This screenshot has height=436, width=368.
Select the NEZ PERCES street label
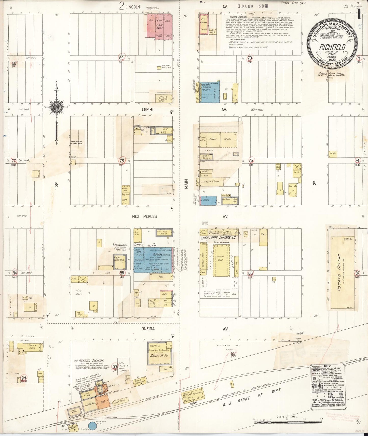point(144,216)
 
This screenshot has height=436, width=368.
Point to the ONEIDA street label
point(148,329)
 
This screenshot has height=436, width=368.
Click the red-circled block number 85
point(122,273)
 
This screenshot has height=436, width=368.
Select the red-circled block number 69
point(121,58)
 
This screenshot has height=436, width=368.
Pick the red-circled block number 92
point(233,353)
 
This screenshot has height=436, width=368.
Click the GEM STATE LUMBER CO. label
point(220,238)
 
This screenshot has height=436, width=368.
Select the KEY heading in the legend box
point(328,367)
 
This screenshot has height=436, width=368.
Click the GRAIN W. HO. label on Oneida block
point(159,359)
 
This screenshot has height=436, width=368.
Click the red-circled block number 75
point(251,160)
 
